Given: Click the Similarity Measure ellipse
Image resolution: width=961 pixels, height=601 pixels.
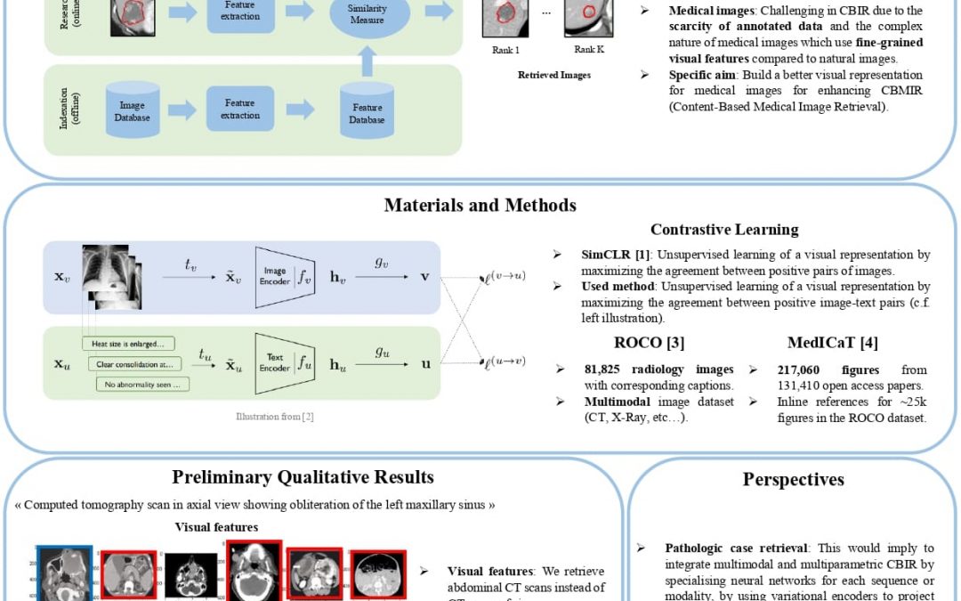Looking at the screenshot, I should click(x=367, y=15).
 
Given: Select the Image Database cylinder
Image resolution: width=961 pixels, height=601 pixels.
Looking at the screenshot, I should click(x=133, y=110).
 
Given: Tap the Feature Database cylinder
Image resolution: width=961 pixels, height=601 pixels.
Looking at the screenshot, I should click(x=367, y=111).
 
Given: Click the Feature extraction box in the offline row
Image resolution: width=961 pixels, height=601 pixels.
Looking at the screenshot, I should click(x=239, y=110).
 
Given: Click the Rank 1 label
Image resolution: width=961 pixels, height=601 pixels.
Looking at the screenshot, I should click(x=506, y=50).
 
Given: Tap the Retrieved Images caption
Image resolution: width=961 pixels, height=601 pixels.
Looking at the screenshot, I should click(x=554, y=76).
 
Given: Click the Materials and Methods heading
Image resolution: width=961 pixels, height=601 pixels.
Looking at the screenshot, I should click(x=480, y=206).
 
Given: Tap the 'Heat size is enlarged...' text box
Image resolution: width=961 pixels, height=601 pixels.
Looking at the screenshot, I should click(x=128, y=344).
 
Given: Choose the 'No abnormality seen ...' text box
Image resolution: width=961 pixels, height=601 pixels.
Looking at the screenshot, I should click(x=142, y=385).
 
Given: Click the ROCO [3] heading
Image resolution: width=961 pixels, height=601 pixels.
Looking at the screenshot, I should click(x=649, y=343).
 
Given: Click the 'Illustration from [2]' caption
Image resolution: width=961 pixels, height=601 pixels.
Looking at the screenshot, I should click(x=274, y=416).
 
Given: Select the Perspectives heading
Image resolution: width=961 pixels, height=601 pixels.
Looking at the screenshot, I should click(x=793, y=480).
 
